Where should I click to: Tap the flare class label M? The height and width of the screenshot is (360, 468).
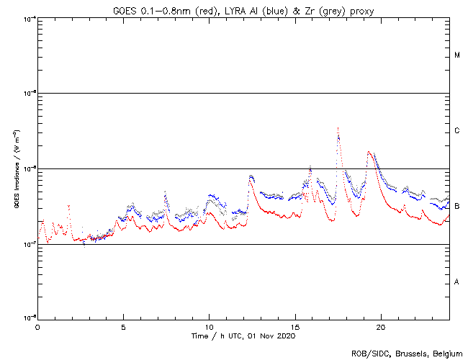(457, 55)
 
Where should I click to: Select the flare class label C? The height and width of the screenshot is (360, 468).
(457, 131)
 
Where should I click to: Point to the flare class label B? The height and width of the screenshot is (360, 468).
(457, 207)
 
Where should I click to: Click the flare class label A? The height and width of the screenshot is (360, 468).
(457, 282)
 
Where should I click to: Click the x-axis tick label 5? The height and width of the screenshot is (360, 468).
(123, 327)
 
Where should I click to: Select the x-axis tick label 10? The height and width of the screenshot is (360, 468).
(209, 327)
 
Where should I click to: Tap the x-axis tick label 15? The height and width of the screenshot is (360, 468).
(295, 327)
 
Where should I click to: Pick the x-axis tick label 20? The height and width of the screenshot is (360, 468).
(381, 327)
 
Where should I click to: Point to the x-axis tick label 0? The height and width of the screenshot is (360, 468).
(37, 327)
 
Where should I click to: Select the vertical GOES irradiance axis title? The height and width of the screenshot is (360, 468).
(16, 169)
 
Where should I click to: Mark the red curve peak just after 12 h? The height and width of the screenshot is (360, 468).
(251, 177)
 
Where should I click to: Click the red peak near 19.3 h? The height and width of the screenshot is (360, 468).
(369, 152)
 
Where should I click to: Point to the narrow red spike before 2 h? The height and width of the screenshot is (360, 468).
(68, 206)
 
